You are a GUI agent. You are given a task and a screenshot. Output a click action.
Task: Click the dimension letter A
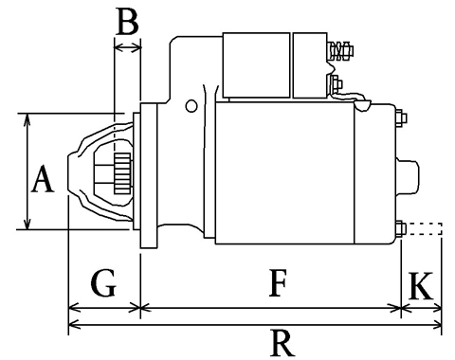point(43,180)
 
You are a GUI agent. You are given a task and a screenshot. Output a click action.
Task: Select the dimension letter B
point(127,22)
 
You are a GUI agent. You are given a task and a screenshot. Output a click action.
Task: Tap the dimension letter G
point(104,283)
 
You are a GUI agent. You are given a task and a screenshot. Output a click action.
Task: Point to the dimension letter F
point(278,283)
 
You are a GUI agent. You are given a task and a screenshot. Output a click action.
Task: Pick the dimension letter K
point(421,286)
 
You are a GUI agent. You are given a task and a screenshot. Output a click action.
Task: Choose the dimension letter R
point(282,343)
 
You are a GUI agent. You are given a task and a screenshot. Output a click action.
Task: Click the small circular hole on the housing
point(191,106)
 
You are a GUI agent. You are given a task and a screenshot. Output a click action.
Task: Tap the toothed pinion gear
point(122,173)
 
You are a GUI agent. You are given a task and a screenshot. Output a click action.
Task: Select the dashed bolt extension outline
point(424,228)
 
